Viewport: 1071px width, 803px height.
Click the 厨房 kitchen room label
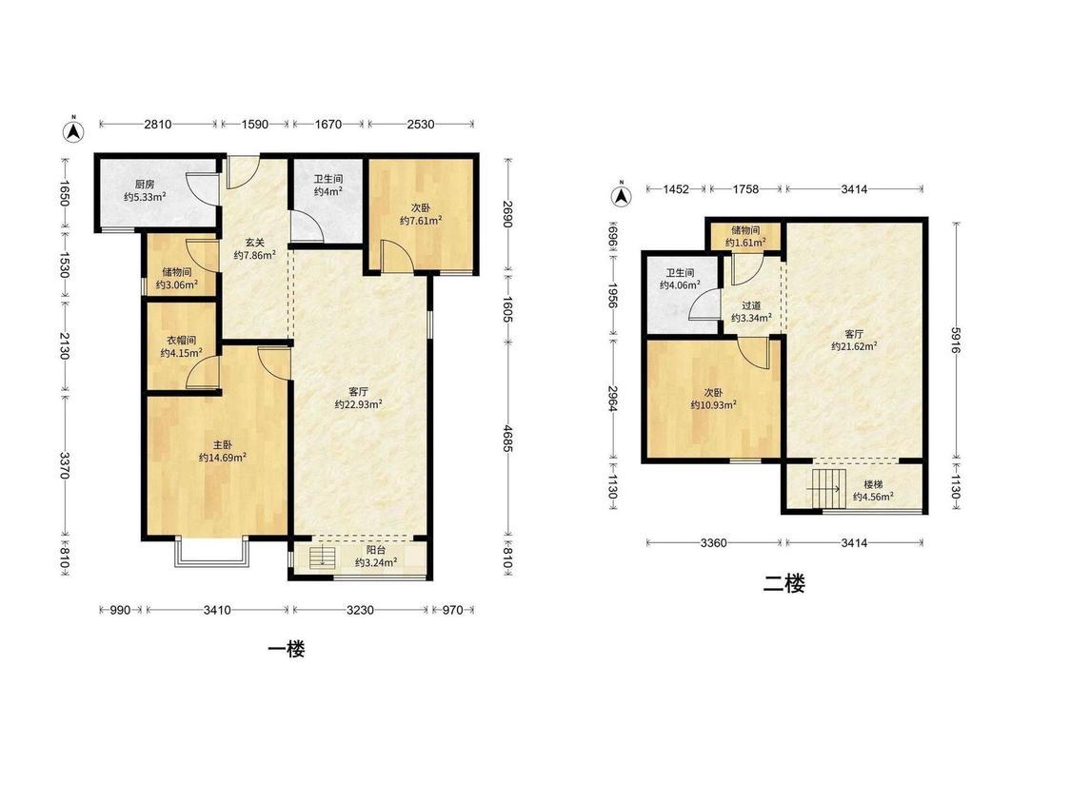click(x=144, y=184)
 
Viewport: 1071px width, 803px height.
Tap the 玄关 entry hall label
click(x=255, y=242)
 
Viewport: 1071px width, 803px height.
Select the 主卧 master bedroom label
click(x=223, y=444)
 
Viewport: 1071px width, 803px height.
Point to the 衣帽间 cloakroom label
click(x=182, y=340)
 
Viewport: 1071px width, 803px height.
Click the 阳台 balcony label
click(x=376, y=550)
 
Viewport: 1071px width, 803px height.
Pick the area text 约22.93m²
click(x=359, y=405)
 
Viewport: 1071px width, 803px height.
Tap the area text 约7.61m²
click(x=421, y=221)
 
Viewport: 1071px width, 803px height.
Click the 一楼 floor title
click(x=287, y=649)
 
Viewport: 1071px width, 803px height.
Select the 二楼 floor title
click(x=784, y=584)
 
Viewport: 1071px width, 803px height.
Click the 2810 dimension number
click(x=158, y=125)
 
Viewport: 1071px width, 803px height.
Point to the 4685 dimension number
click(x=507, y=439)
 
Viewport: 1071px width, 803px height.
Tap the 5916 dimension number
click(x=956, y=340)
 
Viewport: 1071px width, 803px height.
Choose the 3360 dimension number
click(x=714, y=543)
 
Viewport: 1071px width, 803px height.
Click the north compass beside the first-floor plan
click(x=73, y=131)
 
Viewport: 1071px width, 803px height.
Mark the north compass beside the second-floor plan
click(x=621, y=196)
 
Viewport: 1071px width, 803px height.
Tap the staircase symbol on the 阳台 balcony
click(x=320, y=557)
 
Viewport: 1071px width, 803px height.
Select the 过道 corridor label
click(x=751, y=306)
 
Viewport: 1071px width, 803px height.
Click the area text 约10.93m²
click(x=713, y=405)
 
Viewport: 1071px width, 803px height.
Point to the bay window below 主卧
click(x=211, y=553)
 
